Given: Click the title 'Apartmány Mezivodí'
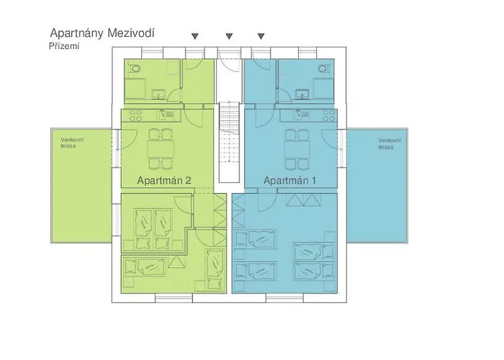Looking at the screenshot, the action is pos(102,33).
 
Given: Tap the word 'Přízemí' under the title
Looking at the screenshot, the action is pos(64,46).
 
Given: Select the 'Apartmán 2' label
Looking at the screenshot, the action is pos(164,180).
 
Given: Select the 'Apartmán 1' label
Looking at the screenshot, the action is pos(289,180).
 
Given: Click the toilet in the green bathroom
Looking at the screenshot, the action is pos(135,68).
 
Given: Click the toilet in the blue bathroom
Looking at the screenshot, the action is pos(324,68).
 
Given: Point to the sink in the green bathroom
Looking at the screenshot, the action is pos(159,94).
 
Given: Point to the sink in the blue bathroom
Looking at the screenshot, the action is pos(302,94).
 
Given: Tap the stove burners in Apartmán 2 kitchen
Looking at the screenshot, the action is pos(135,115).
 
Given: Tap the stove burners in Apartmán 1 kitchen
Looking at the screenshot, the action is pos(329,115).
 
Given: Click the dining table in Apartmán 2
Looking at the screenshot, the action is pos(161,148).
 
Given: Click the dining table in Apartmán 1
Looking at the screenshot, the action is pos(297,148).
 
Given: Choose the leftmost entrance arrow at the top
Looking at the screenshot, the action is pos(195,36).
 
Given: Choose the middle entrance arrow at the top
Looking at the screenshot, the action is pos(229,36).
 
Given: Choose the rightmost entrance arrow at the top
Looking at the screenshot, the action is pos(261,36).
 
